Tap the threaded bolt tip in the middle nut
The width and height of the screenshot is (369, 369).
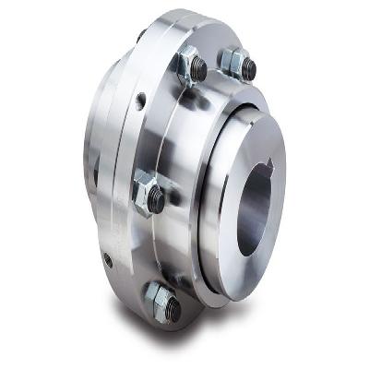click(157, 200)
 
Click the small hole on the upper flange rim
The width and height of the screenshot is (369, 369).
click(141, 101)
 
